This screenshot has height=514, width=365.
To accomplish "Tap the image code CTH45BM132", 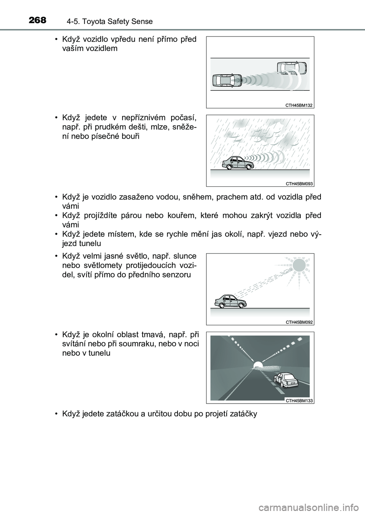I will tap(299, 105).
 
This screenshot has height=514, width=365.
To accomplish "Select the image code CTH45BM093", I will tap(299, 183).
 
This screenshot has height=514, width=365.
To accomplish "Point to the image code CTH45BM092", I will tap(299, 322).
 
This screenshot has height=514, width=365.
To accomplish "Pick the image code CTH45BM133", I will tap(299, 400).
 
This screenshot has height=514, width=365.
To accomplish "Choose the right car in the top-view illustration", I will tap(292, 68).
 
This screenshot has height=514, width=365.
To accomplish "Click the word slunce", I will tap(184, 256).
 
